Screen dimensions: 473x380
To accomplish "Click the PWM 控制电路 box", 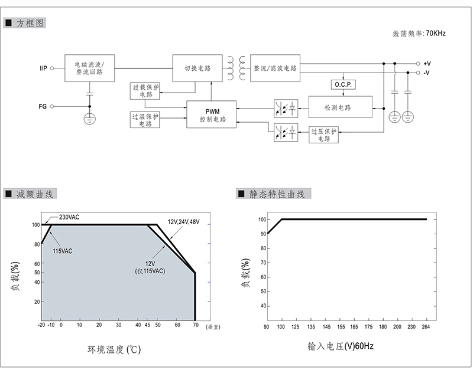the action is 211,114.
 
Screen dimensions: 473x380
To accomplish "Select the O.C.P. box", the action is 344,84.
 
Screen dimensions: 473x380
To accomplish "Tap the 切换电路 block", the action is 197,68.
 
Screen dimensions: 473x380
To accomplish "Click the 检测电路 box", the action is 341,107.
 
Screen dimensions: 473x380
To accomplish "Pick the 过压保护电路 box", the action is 323,135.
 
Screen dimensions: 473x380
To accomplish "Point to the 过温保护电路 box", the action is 145,120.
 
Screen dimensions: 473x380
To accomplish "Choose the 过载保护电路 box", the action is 145,91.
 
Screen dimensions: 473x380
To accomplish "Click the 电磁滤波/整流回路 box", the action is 90,68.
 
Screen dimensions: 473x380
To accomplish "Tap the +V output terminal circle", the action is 418,64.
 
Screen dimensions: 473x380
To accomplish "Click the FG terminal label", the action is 43,106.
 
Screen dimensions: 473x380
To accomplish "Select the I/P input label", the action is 43,68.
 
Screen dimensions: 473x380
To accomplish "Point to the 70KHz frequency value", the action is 436,33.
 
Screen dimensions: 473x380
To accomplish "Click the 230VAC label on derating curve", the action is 69,217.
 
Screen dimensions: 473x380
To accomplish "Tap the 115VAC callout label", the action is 63,251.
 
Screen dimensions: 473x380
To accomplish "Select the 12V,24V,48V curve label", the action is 183,222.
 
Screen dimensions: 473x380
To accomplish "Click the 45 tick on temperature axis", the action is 147,325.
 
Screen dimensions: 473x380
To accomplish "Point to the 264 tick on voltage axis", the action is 426,327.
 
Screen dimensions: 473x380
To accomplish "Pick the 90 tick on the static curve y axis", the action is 263,234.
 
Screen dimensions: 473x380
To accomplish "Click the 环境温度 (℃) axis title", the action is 114,349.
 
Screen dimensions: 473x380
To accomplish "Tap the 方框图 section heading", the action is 30,23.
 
